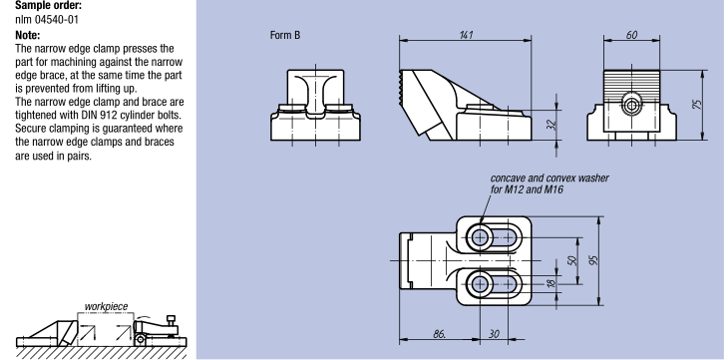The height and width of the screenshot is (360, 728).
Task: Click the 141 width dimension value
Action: click(x=466, y=35)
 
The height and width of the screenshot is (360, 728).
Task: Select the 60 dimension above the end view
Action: click(x=631, y=35)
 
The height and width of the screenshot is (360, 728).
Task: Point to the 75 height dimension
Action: click(x=697, y=104)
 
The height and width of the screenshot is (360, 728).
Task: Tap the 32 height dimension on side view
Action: click(x=551, y=125)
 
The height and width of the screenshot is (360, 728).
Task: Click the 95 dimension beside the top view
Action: click(x=593, y=259)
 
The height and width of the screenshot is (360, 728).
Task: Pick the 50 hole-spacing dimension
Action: click(x=572, y=260)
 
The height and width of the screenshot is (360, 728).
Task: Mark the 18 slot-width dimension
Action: click(x=551, y=282)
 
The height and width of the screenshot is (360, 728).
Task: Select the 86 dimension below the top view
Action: click(x=439, y=334)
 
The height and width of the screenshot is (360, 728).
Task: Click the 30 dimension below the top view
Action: click(x=494, y=334)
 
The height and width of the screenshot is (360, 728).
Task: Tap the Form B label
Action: click(x=285, y=35)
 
